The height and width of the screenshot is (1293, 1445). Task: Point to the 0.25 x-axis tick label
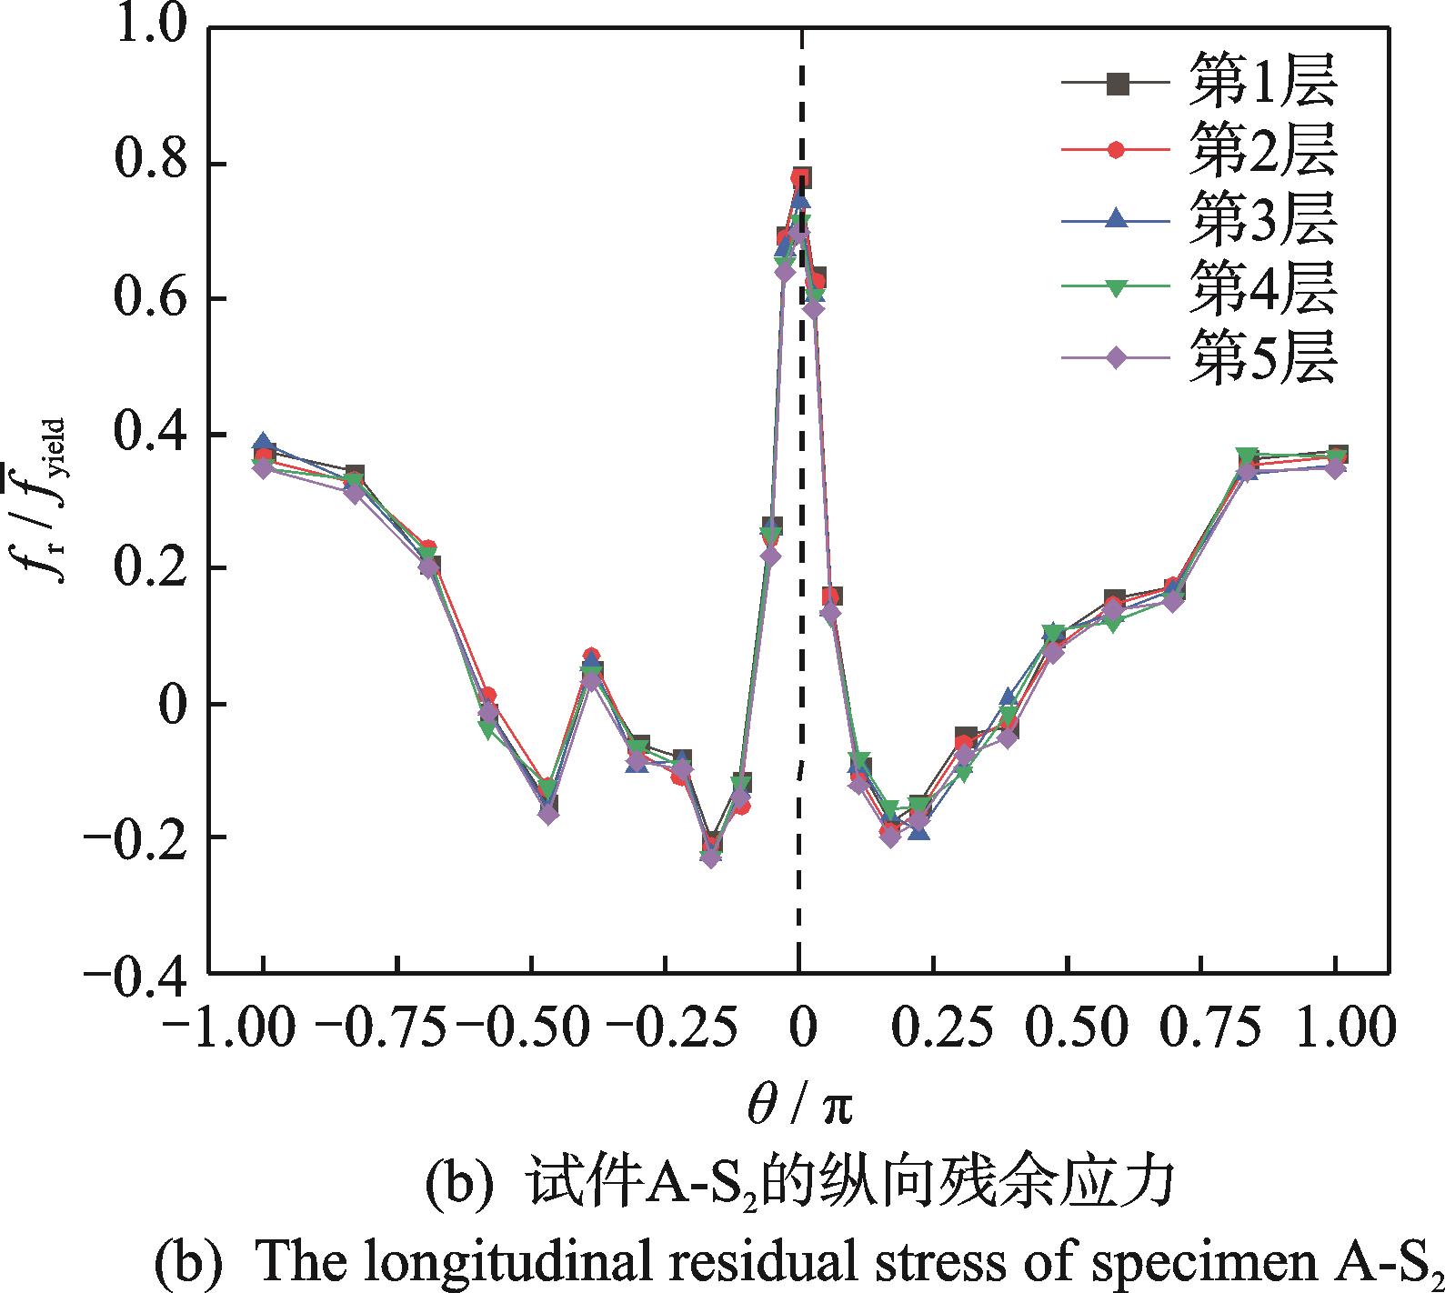932,1027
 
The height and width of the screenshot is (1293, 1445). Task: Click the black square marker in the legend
1119,85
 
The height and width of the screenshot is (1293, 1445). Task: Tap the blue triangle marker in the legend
1119,221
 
